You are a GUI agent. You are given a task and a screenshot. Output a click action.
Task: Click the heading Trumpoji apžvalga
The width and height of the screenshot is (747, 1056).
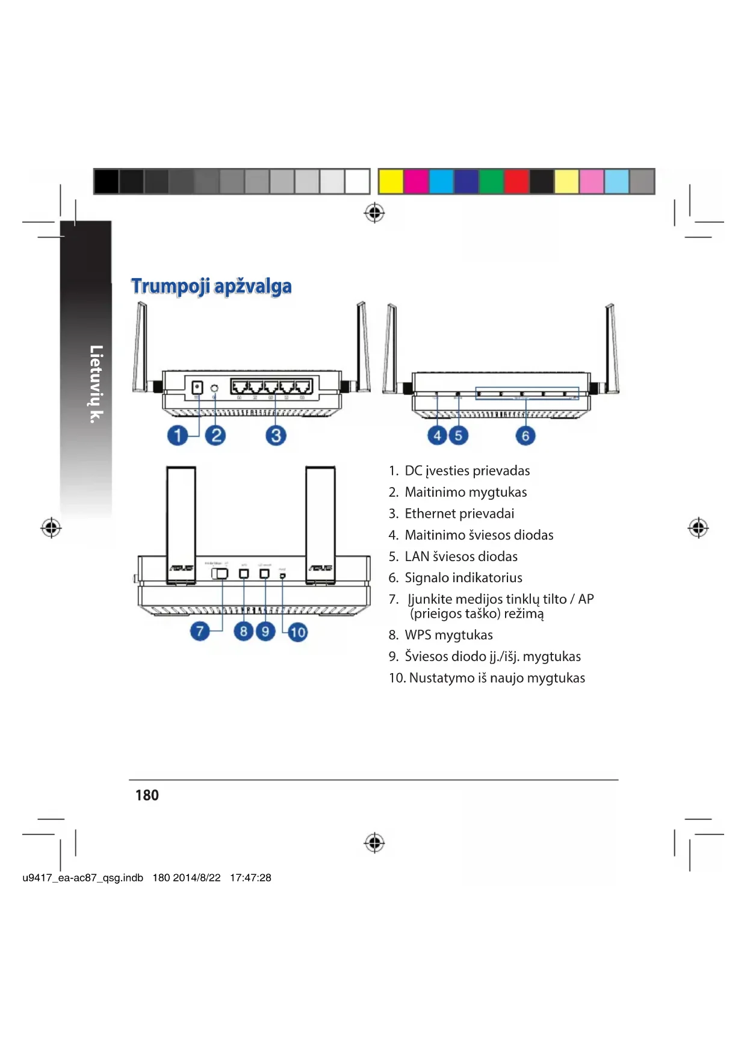coord(211,286)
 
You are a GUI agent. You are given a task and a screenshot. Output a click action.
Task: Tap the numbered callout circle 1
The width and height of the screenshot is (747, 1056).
coord(178,435)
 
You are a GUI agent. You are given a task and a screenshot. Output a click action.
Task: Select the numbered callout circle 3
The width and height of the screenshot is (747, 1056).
coord(276,435)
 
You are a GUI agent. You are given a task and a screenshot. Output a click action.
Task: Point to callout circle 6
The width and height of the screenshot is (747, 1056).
coord(525,435)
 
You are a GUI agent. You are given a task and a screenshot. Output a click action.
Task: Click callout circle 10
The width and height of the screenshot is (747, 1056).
coord(297,632)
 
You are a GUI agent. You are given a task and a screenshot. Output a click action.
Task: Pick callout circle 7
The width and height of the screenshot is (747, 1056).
coord(200,631)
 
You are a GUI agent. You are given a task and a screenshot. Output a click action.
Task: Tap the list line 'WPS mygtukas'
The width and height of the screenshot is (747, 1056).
coord(448,635)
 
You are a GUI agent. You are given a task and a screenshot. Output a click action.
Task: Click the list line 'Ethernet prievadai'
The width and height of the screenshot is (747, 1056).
coord(459,514)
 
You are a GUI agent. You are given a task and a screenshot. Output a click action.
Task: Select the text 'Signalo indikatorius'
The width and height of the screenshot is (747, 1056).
coord(463,578)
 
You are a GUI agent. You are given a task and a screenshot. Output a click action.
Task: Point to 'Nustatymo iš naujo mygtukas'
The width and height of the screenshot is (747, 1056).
coord(497,678)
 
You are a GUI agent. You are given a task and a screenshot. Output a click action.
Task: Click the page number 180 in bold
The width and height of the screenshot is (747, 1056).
coord(147,795)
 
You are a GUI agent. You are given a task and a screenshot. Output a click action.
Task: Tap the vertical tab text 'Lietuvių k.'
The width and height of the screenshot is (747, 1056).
coord(96,384)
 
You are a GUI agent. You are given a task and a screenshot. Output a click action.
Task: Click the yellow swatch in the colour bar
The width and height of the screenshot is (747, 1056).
coord(391,181)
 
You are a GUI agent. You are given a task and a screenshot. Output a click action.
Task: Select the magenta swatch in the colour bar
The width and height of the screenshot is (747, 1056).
coord(416,181)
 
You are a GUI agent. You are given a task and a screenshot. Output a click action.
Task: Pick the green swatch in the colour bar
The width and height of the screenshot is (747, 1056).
coord(491,181)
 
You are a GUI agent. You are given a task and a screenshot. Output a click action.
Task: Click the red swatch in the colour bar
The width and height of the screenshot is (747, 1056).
coord(516,181)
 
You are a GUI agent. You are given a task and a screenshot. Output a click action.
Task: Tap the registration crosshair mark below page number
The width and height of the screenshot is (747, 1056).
coord(374,842)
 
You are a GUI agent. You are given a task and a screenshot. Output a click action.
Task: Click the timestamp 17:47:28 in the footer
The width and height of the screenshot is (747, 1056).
coord(250,878)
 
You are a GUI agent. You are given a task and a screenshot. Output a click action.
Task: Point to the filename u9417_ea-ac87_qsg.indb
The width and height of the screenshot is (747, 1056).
coord(83,878)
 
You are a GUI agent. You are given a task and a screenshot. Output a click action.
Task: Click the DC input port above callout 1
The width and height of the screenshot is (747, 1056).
coord(197,387)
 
